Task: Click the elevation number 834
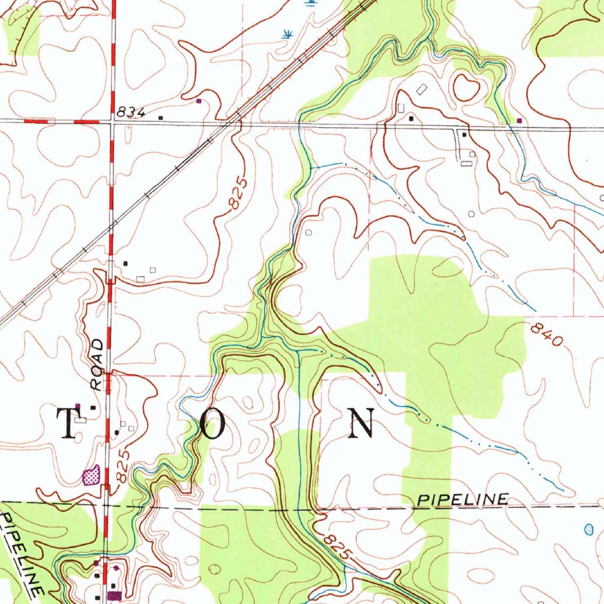[x=131, y=111]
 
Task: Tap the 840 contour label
[x=546, y=334]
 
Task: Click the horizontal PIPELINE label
[x=462, y=500]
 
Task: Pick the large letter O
[x=212, y=424]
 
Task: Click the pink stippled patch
[x=90, y=475]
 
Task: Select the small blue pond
[x=589, y=529]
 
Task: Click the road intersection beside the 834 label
[x=113, y=122]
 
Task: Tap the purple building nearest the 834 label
[x=198, y=101]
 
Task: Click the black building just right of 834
[x=161, y=117]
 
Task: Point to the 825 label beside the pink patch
[x=123, y=466]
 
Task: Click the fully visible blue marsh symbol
[x=287, y=34]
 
